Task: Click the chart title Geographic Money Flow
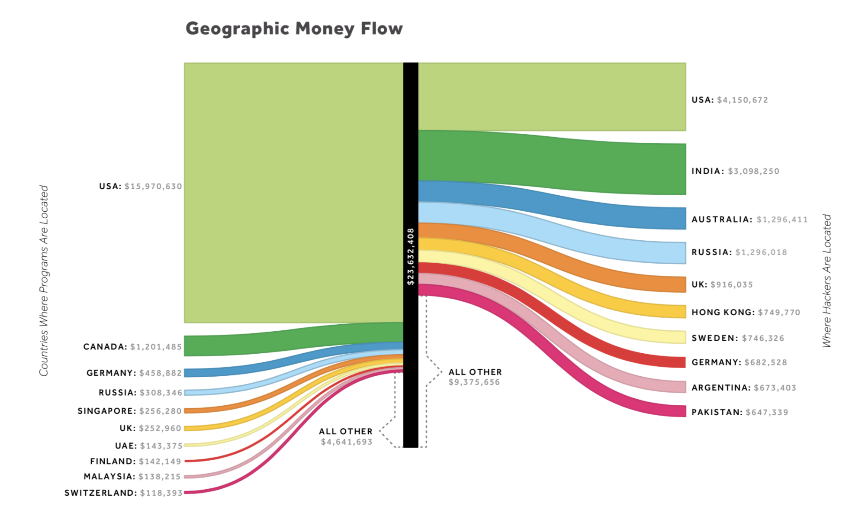tap(294, 29)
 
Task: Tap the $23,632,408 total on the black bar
tap(411, 256)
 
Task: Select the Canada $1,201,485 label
tap(132, 347)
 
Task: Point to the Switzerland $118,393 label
tap(123, 493)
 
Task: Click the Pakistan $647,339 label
tap(740, 412)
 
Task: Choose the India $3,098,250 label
tap(735, 171)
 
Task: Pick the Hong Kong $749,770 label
tap(746, 312)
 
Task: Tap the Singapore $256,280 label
tap(129, 411)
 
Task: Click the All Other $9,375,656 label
tap(475, 377)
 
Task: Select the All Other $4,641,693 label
tap(346, 436)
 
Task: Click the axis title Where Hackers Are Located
tap(827, 281)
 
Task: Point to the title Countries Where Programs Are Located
tap(44, 281)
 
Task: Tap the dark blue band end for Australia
tap(671, 218)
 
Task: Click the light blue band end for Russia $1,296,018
tap(671, 253)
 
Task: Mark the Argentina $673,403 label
tap(743, 388)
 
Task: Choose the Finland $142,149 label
tap(135, 462)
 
